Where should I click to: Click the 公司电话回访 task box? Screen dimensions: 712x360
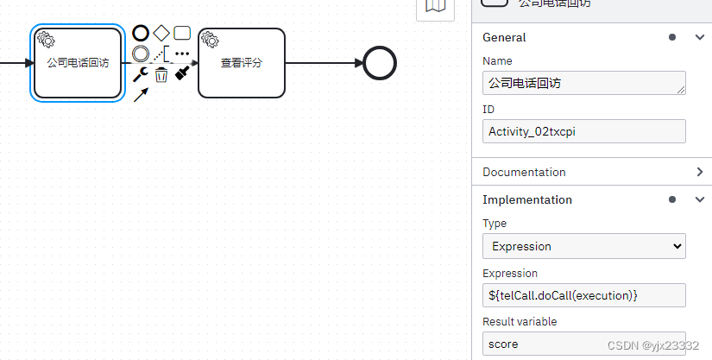tap(78, 63)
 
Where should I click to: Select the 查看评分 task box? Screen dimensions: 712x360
tap(241, 63)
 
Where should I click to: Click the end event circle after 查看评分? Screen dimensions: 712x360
tap(380, 63)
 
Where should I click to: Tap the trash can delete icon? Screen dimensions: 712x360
tap(161, 75)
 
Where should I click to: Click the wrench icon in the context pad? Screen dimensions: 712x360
tap(140, 74)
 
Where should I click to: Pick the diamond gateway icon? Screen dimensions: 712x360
tap(161, 34)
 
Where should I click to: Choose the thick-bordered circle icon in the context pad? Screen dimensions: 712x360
tap(141, 34)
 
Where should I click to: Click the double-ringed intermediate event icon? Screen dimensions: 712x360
tap(141, 54)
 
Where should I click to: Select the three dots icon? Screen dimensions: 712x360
tap(182, 54)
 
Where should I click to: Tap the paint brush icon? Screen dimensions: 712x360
tap(182, 74)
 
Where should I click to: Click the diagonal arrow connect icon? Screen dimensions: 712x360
tap(141, 95)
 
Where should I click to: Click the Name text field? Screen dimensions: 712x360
tap(583, 83)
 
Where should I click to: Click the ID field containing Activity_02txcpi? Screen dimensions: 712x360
tap(583, 131)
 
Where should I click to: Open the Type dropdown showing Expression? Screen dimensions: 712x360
tap(583, 246)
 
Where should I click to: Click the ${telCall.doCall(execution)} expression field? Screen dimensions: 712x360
tap(583, 295)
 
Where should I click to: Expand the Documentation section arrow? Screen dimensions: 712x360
tap(699, 172)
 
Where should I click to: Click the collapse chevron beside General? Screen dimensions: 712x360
tap(699, 37)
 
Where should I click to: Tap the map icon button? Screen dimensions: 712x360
tap(436, 7)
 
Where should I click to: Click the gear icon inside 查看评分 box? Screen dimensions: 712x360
tap(210, 40)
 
